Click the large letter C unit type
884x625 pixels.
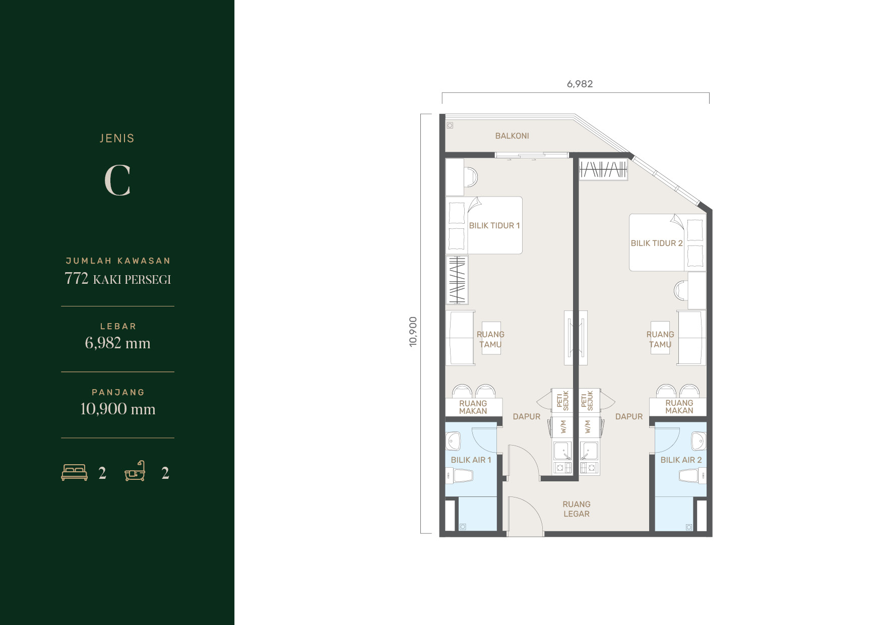pyautogui.click(x=117, y=180)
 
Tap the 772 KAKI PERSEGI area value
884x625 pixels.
pyautogui.click(x=117, y=279)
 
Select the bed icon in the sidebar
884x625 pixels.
pyautogui.click(x=74, y=472)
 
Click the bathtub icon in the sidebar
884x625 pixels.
pyautogui.click(x=135, y=471)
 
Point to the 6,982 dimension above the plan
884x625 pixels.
pyautogui.click(x=580, y=84)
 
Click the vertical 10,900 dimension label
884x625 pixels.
pyautogui.click(x=413, y=332)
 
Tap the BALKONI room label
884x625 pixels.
pyautogui.click(x=512, y=136)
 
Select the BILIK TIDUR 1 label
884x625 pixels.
pyautogui.click(x=494, y=225)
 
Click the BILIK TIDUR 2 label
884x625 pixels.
pyautogui.click(x=657, y=243)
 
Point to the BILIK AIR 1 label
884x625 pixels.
pyautogui.click(x=471, y=460)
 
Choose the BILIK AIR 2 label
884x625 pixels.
pyautogui.click(x=681, y=460)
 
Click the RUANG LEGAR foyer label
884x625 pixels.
pyautogui.click(x=577, y=509)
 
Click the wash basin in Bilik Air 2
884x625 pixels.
pyautogui.click(x=699, y=441)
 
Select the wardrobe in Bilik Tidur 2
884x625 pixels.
pyautogui.click(x=603, y=169)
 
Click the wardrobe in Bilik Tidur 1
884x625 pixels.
pyautogui.click(x=457, y=280)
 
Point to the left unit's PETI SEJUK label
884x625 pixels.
pyautogui.click(x=562, y=401)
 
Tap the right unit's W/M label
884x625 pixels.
pyautogui.click(x=587, y=427)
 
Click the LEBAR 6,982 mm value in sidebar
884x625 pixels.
pyautogui.click(x=117, y=343)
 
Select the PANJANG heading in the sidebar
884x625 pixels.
pyautogui.click(x=118, y=392)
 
